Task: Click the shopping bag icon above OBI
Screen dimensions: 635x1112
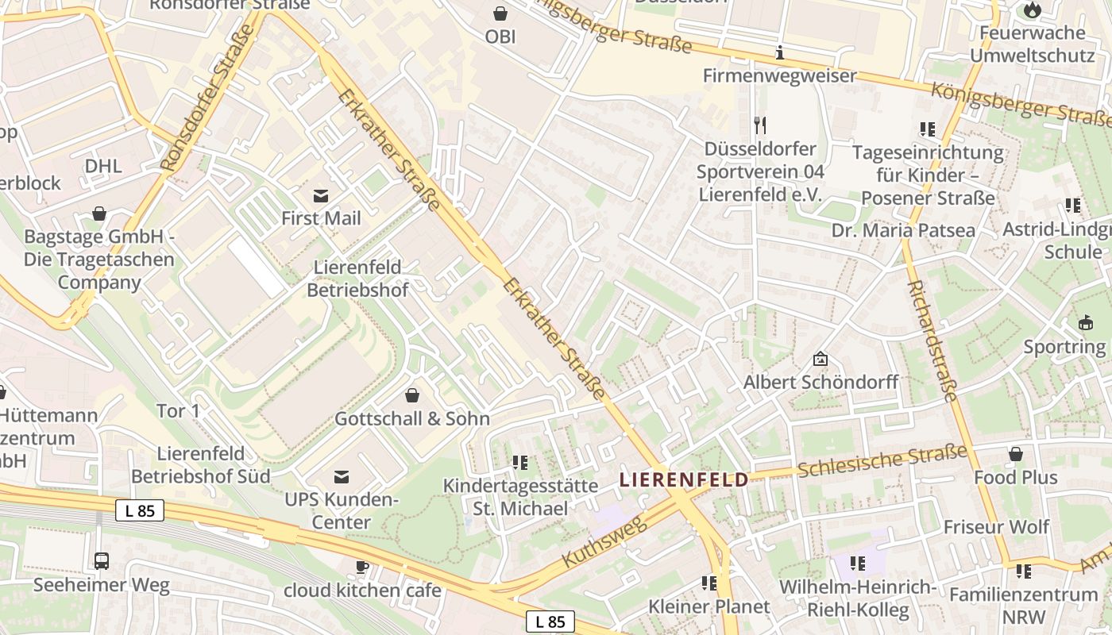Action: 500,13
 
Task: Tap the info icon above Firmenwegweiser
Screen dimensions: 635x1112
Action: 780,53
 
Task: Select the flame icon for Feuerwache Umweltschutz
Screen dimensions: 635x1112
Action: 1032,10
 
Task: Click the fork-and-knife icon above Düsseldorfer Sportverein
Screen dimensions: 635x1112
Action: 760,125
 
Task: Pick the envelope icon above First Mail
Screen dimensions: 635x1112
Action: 321,195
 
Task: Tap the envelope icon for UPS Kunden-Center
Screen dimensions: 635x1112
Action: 342,476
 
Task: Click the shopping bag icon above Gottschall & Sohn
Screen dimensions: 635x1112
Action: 412,394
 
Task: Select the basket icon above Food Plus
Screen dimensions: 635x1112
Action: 1015,454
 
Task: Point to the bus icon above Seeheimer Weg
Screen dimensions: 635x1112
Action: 102,561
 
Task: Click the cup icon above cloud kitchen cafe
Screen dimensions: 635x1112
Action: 362,567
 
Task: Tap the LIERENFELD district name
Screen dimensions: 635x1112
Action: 684,479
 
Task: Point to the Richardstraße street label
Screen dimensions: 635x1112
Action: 932,341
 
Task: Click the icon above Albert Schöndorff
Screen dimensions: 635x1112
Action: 820,360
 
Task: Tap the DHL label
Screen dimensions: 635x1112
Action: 103,166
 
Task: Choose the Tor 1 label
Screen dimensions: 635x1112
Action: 178,410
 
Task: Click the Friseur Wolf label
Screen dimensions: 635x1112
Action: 996,527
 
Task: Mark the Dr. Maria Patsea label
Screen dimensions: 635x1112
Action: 903,230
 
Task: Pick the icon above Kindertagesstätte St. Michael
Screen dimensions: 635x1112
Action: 520,462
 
